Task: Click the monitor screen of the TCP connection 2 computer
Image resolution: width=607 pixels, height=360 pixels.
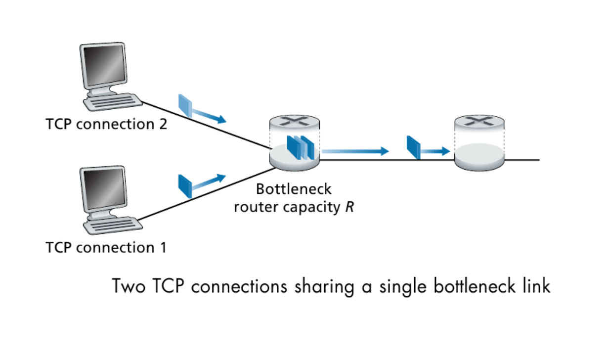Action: point(105,65)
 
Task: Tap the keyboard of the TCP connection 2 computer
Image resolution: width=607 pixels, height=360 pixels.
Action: point(113,102)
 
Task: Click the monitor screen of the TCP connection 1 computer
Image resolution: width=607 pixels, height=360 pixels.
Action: point(105,189)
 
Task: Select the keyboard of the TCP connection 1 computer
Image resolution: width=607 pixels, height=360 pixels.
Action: point(113,225)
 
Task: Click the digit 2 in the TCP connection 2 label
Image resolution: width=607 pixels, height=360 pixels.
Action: point(163,125)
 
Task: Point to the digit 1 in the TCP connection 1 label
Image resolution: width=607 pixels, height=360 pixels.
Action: point(163,247)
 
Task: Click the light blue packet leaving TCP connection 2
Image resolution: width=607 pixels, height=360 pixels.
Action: point(185,106)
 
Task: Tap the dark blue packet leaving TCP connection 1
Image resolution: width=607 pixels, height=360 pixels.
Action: point(185,186)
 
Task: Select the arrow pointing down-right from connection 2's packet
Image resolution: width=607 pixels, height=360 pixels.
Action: point(209,116)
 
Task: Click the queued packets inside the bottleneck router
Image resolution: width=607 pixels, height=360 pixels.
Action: point(301,148)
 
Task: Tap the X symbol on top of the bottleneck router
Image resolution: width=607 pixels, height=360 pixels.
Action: point(295,121)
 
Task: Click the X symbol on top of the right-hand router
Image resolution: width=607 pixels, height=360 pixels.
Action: point(479,121)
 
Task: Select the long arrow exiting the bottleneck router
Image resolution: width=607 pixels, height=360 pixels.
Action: point(355,151)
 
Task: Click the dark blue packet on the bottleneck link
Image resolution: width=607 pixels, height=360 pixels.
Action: point(414,147)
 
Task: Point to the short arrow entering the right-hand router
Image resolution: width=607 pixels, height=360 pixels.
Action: point(435,151)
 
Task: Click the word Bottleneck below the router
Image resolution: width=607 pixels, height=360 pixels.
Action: point(294,189)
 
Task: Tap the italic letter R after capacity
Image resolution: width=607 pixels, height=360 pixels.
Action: point(350,207)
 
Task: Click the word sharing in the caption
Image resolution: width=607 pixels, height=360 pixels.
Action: point(325,286)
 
